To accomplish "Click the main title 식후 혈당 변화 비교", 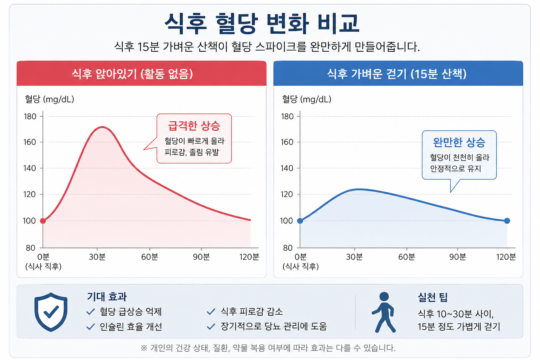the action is pos(262,24).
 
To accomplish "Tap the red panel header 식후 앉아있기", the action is pos(132,73).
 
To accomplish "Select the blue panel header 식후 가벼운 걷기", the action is pos(397,73).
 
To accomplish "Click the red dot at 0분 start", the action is pos(43,221).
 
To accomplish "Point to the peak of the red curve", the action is pos(102,127).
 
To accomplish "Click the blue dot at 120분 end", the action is pos(507,221).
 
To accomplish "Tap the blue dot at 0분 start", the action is pos(300,221).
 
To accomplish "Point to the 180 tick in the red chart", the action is pos(30,116).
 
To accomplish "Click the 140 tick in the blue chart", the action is pos(287,168).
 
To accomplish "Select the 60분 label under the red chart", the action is pos(150,257).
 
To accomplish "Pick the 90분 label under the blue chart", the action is pos(457,257).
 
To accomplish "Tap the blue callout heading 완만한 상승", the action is pos(459,142).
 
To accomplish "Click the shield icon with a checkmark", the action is pos(51,312).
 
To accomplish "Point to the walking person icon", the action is pos(384,312).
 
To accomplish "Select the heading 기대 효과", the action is pos(107,297).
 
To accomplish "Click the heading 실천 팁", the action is pos(432,297).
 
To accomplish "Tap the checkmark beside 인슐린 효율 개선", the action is pos(90,327).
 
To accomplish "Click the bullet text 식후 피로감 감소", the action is pos(252,311).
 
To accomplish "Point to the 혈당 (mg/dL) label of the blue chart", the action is pos(307,99).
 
